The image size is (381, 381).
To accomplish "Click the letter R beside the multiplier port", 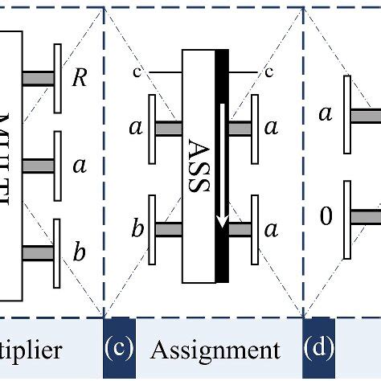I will click(80, 79).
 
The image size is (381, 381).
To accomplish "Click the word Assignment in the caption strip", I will click(216, 350).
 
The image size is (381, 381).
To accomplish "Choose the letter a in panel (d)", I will click(326, 114).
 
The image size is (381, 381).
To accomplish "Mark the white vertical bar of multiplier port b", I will click(57, 252).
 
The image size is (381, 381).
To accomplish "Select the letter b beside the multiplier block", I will click(79, 253).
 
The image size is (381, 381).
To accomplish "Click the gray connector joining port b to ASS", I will click(168, 230).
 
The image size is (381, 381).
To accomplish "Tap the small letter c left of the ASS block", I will click(137, 73).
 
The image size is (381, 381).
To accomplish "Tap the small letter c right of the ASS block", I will click(268, 73).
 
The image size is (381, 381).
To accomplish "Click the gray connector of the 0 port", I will click(366, 215).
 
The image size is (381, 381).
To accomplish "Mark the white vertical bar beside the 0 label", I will click(347, 220).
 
